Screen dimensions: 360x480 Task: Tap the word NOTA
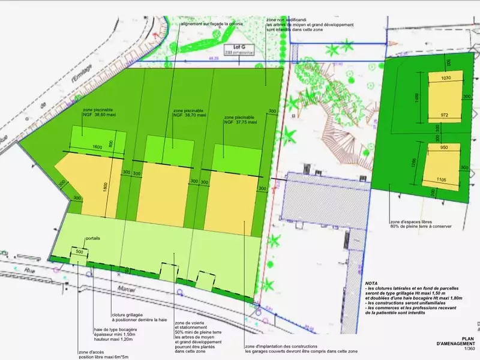click(373, 283)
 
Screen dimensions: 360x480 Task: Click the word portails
click(93, 238)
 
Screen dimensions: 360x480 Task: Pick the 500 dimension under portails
click(80, 252)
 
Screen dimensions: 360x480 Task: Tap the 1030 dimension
click(446, 78)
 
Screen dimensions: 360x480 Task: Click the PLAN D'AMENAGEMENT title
click(457, 341)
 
